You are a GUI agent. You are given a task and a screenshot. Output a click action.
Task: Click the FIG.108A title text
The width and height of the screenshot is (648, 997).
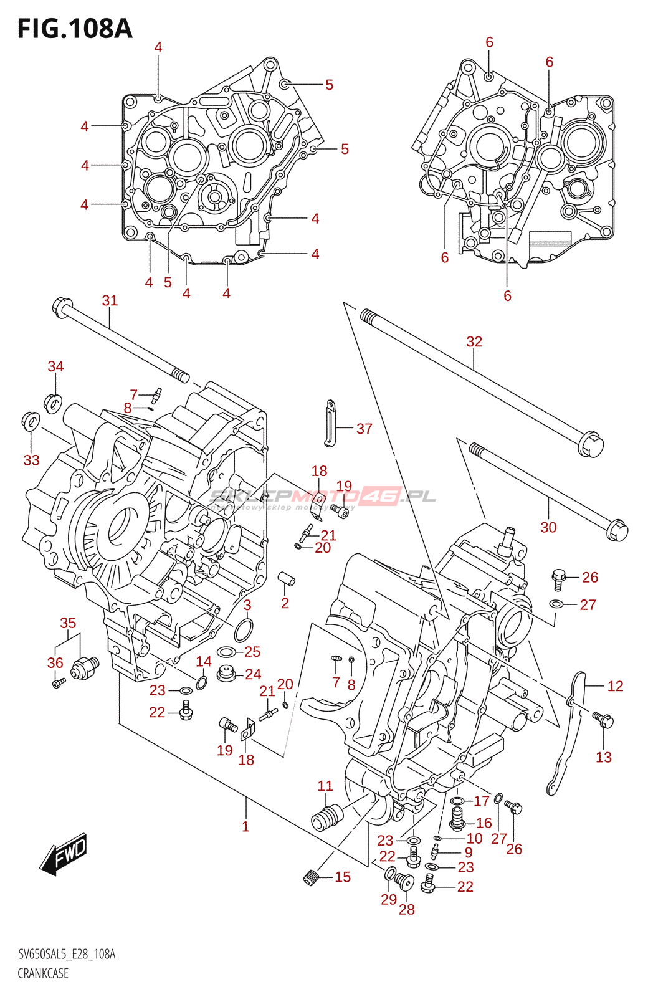pos(75,29)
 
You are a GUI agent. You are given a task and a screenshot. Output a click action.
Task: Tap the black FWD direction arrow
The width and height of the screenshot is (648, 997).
pos(64,854)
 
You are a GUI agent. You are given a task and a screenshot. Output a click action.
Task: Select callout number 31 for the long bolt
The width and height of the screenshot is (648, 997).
pos(110,301)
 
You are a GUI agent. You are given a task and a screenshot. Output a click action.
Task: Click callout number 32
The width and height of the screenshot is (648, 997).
pos(474,341)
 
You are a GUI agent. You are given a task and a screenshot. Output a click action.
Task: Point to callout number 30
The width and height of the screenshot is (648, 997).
pos(548,528)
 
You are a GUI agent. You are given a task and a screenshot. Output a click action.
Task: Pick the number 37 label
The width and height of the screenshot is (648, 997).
pos(364,429)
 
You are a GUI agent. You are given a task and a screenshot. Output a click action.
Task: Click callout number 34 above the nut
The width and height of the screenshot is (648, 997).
pos(55,366)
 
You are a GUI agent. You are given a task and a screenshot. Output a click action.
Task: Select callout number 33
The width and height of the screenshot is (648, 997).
pos(31,460)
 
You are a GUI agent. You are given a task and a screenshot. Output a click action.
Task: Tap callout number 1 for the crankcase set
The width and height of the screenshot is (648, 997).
pos(245,827)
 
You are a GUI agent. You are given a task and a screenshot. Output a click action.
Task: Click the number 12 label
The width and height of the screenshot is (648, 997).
pos(615,686)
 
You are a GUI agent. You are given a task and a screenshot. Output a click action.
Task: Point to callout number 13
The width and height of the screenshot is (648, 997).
pos(604,758)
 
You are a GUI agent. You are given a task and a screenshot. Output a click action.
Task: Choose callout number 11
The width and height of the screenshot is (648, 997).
pos(325,786)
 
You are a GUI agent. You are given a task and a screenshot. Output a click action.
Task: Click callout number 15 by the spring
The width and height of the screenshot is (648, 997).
pos(343,877)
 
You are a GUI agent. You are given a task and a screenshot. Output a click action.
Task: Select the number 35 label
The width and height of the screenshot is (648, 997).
pos(68,623)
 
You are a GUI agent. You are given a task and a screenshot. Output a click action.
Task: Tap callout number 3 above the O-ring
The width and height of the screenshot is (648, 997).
pos(247,605)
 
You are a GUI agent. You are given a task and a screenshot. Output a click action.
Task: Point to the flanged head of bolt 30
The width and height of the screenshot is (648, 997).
pos(617,530)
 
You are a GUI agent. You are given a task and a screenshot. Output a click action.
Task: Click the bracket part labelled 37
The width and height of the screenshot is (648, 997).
pos(329,424)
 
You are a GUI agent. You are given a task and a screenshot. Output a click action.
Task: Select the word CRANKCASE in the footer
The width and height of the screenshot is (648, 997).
pos(43,973)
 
